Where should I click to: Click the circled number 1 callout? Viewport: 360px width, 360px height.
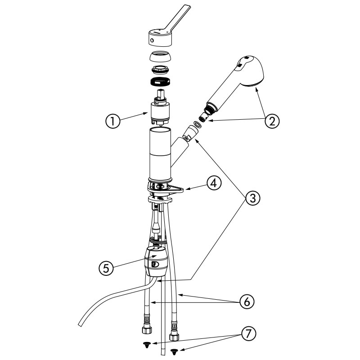(x=113, y=121)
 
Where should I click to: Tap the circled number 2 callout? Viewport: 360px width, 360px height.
(x=272, y=121)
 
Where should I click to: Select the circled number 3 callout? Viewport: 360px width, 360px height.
(x=252, y=198)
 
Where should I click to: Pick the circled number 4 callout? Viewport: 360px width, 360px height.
(x=214, y=184)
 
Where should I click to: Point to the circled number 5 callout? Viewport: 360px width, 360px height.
(x=106, y=268)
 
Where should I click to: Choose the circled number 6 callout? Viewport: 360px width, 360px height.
(x=247, y=301)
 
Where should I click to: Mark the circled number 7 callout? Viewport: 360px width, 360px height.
(x=248, y=334)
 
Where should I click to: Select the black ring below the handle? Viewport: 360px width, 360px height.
(x=161, y=81)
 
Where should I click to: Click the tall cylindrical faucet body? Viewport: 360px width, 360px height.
(x=160, y=154)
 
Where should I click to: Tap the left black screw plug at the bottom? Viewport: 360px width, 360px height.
(x=146, y=345)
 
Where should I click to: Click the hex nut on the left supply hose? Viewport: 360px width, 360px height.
(x=147, y=330)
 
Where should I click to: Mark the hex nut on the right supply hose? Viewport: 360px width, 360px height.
(x=174, y=337)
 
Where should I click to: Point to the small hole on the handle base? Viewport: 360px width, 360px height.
(x=152, y=40)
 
